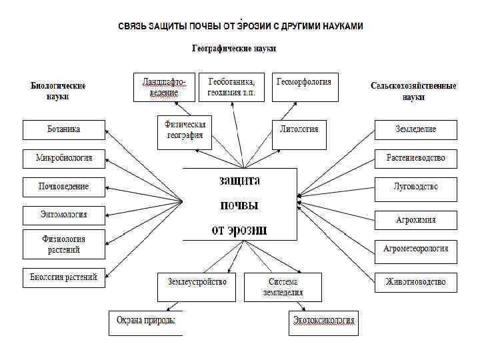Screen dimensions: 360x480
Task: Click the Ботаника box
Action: pos(64,129)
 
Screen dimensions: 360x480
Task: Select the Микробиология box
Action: pos(64,159)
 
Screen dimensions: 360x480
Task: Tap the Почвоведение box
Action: pos(64,187)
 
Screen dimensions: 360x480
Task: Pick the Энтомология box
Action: pos(64,215)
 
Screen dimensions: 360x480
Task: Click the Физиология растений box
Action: pos(64,244)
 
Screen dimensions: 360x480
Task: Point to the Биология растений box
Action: pos(64,277)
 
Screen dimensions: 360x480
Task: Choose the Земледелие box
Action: pos(415,129)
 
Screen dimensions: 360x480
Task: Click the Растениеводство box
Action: pos(415,159)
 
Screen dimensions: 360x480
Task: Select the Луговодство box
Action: pos(415,187)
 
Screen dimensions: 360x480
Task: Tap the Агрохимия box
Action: pos(415,219)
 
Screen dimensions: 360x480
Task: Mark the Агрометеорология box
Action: pos(415,249)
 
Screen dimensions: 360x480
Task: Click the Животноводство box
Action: pos(415,282)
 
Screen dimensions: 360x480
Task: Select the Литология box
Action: pos(299,134)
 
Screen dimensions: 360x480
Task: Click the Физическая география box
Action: pos(185,133)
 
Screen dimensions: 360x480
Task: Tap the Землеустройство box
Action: pos(197,286)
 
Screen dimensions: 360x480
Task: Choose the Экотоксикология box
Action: pos(325,323)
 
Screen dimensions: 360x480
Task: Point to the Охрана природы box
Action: pos(146,323)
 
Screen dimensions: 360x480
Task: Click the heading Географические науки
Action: pos(233,49)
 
